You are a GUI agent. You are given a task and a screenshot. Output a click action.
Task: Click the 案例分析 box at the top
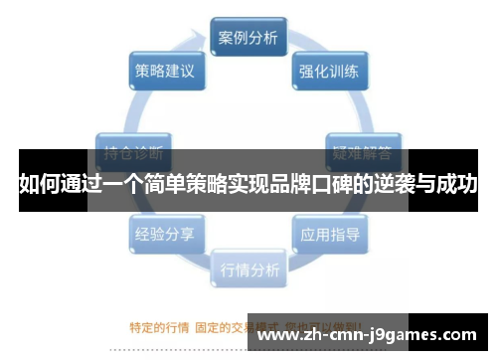click(248, 39)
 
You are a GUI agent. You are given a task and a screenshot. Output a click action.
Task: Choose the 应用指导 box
click(329, 235)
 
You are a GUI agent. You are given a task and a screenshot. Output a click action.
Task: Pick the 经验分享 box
click(165, 235)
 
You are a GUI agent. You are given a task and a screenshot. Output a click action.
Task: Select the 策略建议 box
click(165, 72)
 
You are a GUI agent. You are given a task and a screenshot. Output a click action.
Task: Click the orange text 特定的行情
click(159, 325)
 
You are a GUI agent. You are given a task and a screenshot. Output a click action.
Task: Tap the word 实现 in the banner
click(235, 184)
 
